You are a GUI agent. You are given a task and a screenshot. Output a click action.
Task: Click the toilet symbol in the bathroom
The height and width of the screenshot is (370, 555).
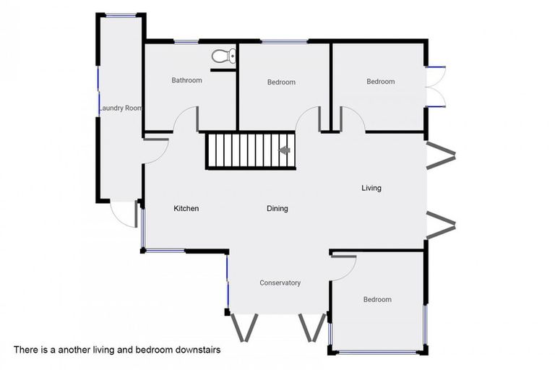[x=224, y=56]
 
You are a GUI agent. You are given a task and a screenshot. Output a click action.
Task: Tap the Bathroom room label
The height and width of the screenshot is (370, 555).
[x=187, y=80]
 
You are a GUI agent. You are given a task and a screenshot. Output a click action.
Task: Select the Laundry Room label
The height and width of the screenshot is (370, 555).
[x=121, y=108]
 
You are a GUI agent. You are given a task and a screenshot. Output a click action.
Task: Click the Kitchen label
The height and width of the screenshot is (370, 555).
[x=186, y=209]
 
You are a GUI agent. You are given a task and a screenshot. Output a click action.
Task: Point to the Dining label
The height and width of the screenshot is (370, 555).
[x=277, y=209]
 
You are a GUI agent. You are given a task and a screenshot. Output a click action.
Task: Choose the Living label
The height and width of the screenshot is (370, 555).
[x=371, y=188]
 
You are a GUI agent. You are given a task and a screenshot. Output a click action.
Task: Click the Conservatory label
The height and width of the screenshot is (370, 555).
[x=280, y=283]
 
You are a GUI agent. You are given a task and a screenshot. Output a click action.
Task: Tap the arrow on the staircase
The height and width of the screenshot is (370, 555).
[x=284, y=150]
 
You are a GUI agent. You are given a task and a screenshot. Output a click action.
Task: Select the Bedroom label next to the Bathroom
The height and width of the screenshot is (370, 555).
[x=281, y=82]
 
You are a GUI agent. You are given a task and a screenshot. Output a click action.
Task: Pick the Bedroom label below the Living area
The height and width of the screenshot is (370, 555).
[x=377, y=299]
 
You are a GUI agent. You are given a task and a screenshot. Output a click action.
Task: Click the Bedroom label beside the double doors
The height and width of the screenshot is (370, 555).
[x=381, y=82]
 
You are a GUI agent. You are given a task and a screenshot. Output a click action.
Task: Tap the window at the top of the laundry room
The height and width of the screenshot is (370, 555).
[x=121, y=15]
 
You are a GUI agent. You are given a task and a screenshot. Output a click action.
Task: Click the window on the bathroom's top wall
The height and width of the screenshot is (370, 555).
[x=186, y=42]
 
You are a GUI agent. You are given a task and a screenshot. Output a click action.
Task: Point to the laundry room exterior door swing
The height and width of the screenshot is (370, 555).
[x=123, y=214]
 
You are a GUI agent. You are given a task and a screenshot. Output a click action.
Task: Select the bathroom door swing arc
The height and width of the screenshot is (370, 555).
[x=185, y=119]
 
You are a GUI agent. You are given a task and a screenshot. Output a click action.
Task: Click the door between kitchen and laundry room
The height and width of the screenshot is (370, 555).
[x=156, y=151]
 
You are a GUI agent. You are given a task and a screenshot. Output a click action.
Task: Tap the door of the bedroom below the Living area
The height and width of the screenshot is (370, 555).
[x=343, y=268]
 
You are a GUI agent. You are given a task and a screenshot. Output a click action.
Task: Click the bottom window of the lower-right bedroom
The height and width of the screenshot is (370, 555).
[x=377, y=352]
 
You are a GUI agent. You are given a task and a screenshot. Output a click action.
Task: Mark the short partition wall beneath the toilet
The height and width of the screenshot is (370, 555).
[x=223, y=71]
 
